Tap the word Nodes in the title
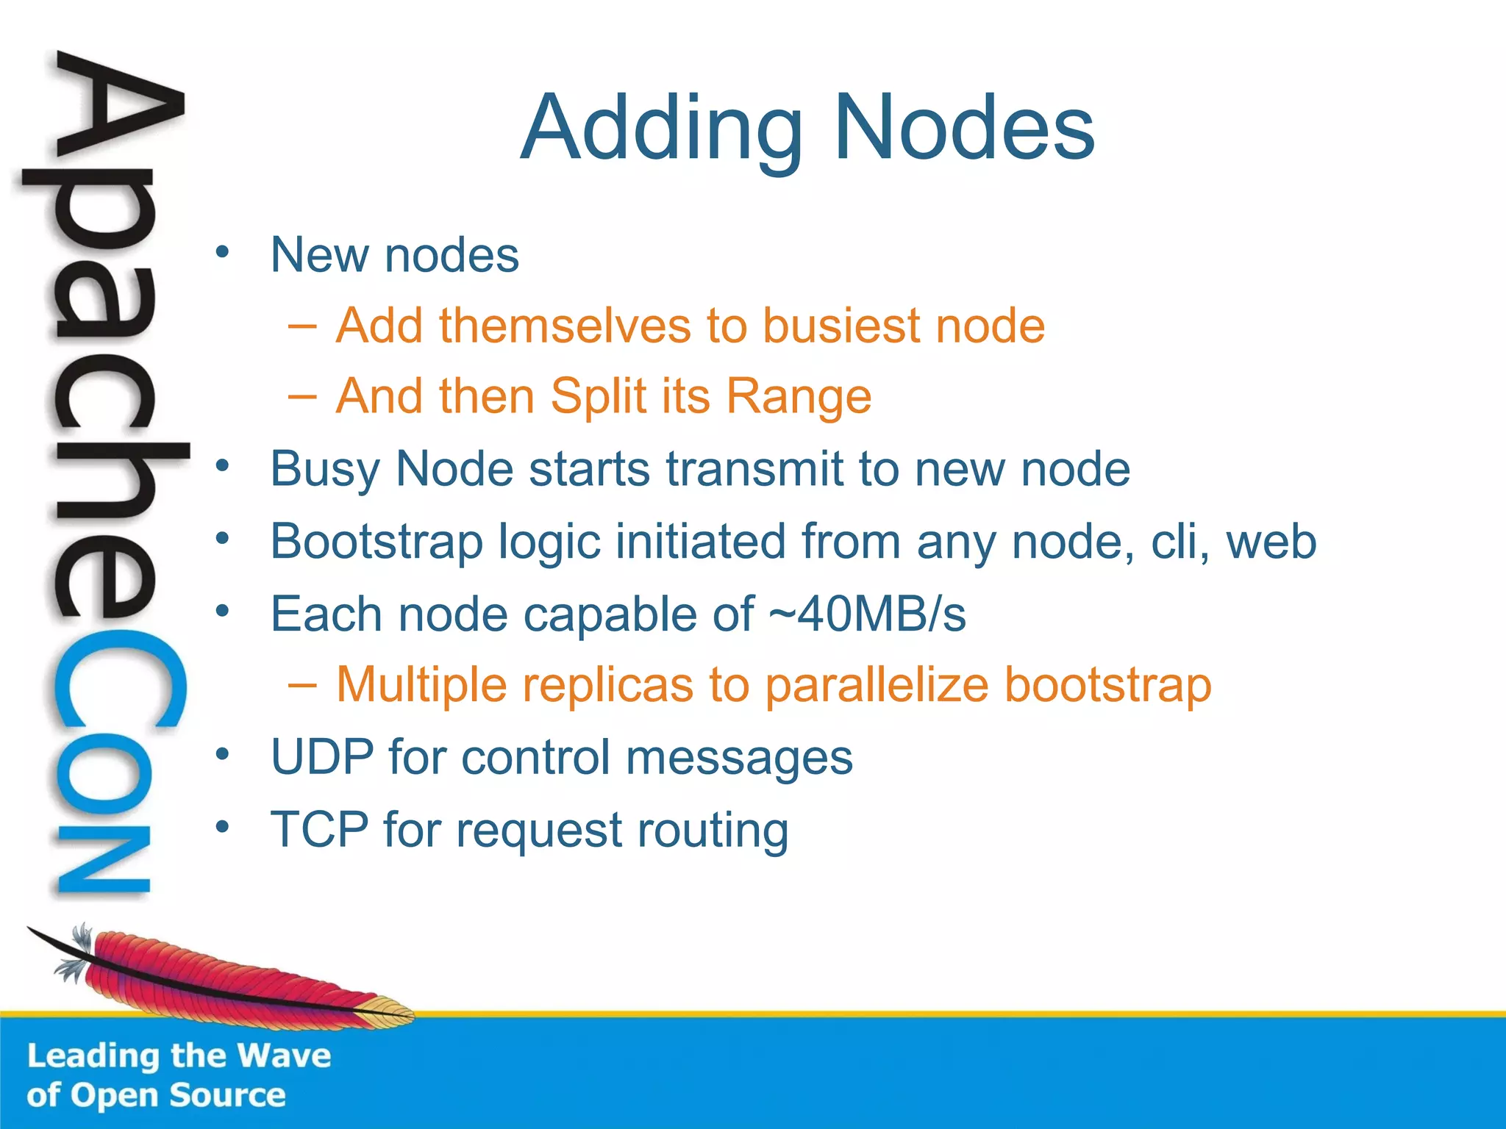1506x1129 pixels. coord(964,129)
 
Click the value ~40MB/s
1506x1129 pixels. coord(867,614)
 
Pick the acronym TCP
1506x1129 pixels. coord(319,830)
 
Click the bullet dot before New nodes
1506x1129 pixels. coord(223,253)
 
